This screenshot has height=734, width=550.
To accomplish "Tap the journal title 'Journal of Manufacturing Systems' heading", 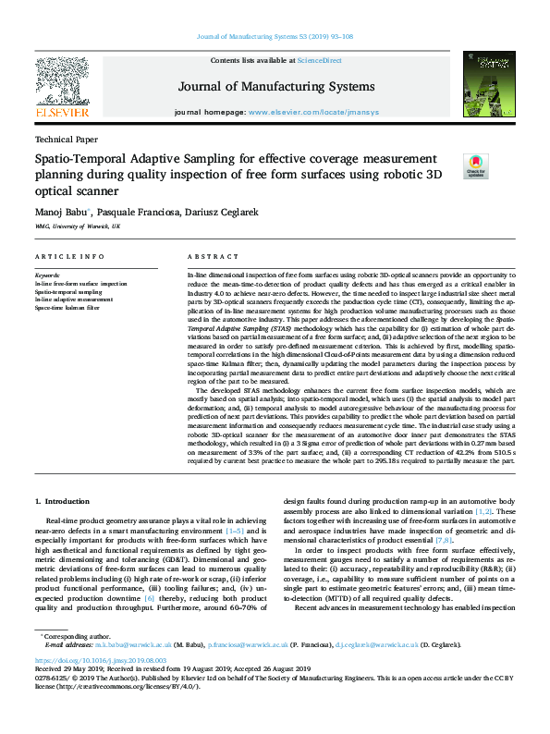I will tap(276, 87).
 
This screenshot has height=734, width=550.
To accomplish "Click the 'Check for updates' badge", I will tap(474, 165).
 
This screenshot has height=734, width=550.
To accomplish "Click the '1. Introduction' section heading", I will tap(64, 501).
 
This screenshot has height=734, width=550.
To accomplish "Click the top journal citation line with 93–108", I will tap(275, 37).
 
